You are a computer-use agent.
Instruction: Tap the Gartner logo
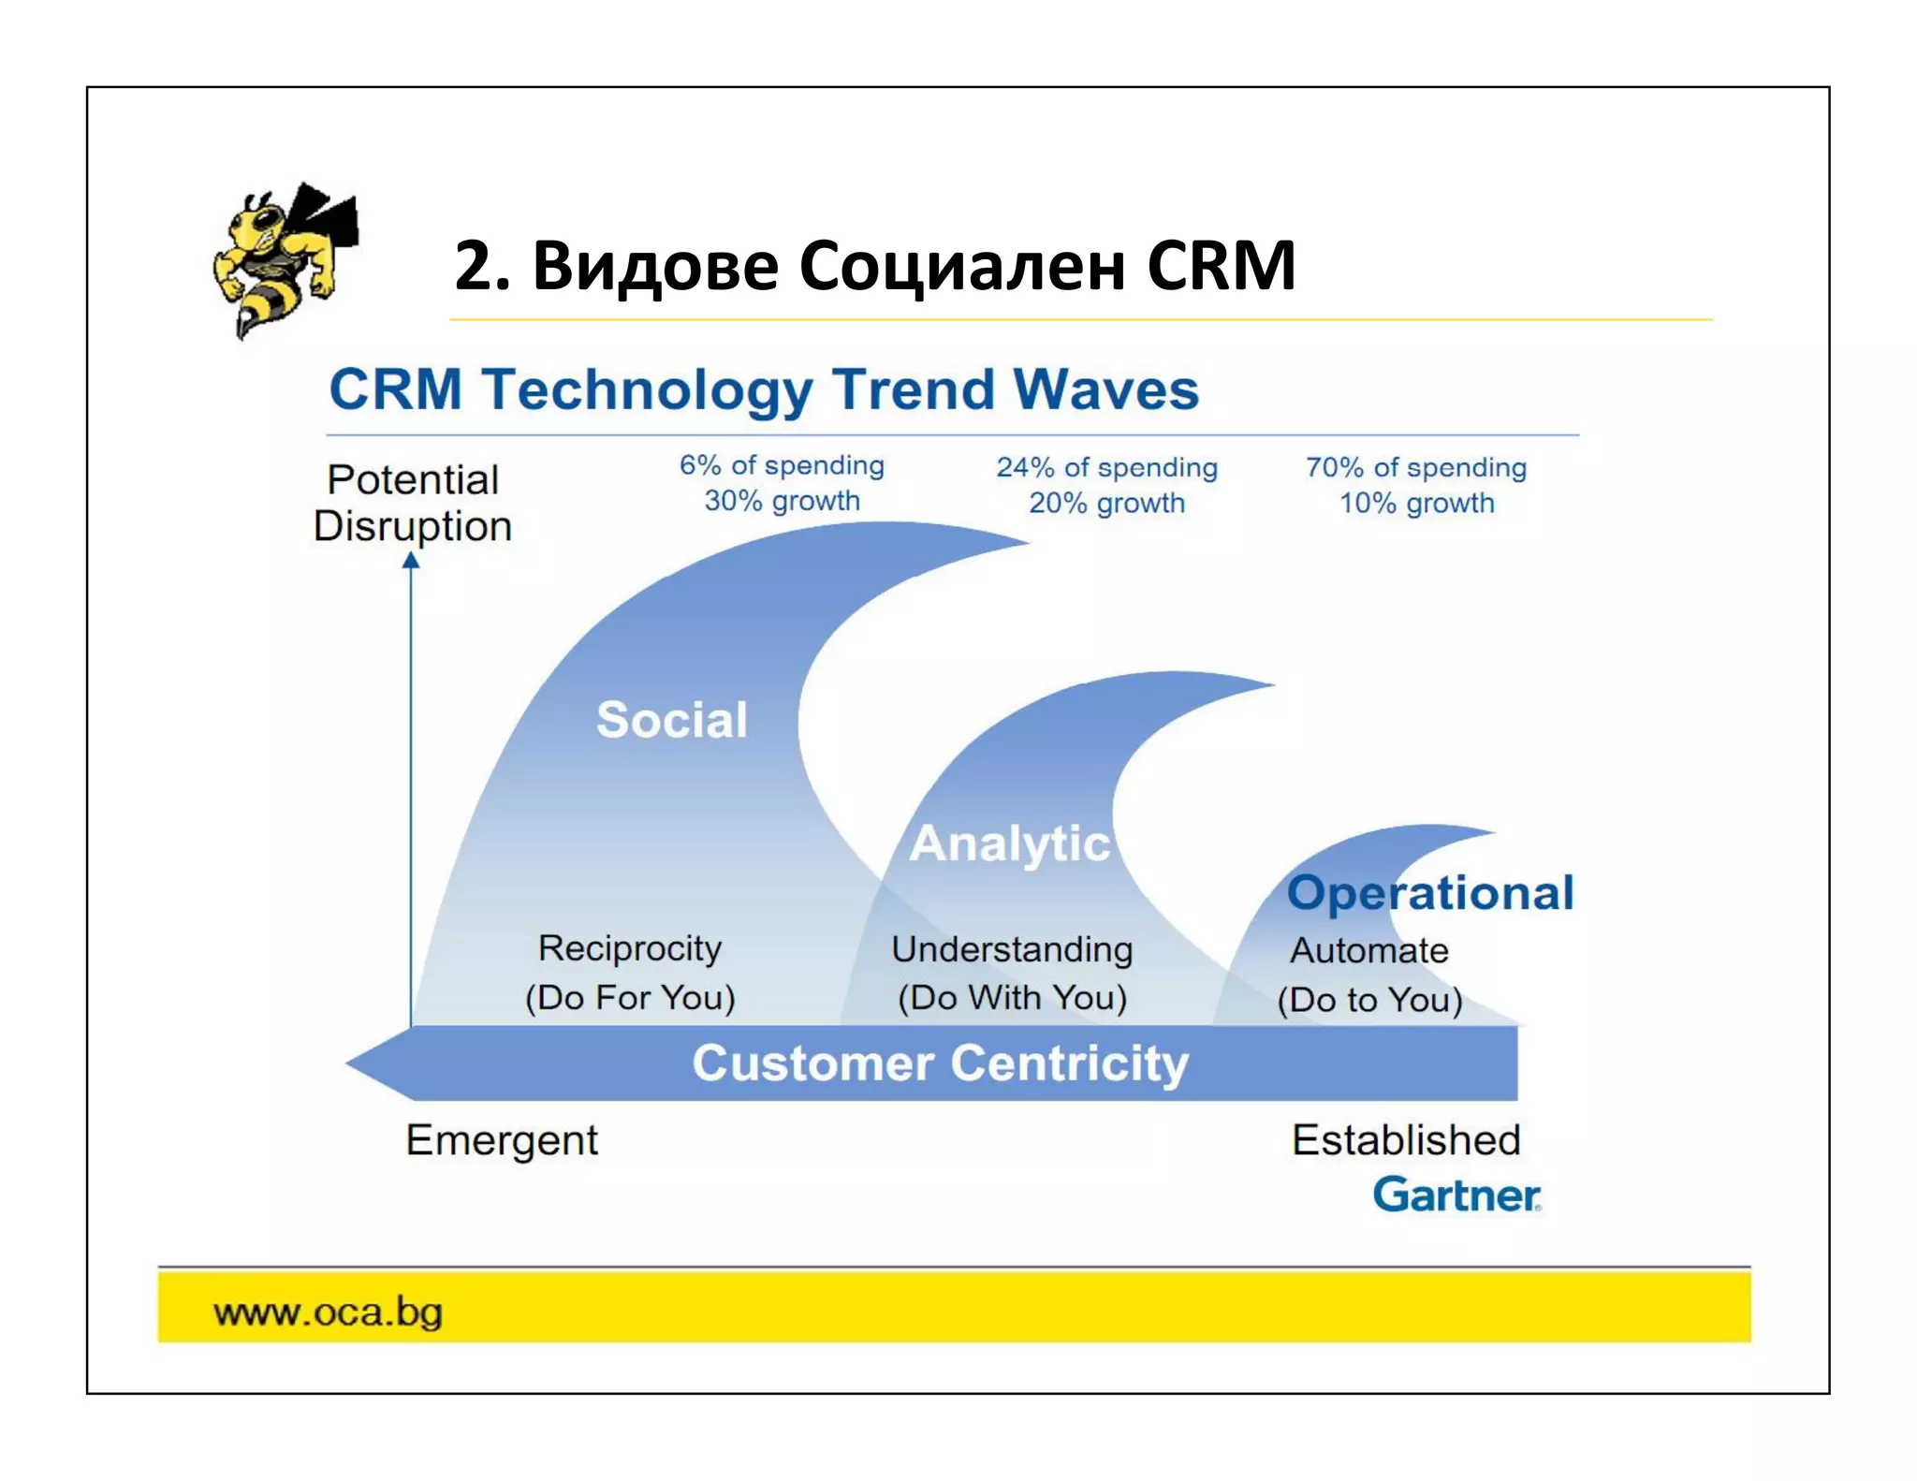click(1456, 1195)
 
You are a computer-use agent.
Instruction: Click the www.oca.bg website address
click(328, 1312)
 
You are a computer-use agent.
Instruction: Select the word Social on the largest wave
click(672, 720)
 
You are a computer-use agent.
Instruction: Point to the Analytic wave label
click(1010, 843)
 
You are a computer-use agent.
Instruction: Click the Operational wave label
click(1430, 892)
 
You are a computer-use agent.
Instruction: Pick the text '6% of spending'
click(782, 465)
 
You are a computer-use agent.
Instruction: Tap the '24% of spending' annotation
click(1106, 467)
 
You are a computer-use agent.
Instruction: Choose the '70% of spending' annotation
click(1416, 467)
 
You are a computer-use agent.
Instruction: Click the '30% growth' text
click(782, 501)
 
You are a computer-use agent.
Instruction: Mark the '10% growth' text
click(1416, 503)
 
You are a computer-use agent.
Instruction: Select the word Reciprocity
click(630, 948)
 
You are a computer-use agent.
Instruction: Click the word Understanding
click(1012, 949)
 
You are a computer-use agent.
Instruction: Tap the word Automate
click(1369, 951)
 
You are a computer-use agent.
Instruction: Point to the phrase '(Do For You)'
click(630, 997)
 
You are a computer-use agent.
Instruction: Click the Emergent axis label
click(502, 1140)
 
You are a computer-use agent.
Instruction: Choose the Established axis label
click(1406, 1140)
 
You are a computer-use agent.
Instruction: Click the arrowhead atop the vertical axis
click(411, 561)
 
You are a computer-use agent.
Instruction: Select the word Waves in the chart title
click(1106, 389)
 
